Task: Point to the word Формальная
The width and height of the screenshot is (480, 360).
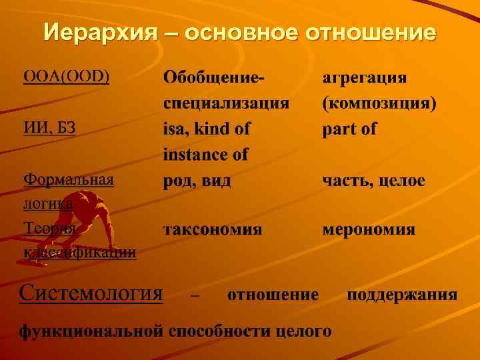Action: tap(69, 180)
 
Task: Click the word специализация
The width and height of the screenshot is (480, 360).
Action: tap(226, 103)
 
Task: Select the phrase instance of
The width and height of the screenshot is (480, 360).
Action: tap(205, 155)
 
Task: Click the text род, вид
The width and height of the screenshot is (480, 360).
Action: tap(197, 181)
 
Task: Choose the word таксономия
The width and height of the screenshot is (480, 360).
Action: tap(213, 230)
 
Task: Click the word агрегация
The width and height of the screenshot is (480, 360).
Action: tap(365, 77)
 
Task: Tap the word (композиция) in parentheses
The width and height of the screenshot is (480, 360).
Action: tap(379, 103)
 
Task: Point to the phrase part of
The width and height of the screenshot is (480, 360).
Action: tap(349, 129)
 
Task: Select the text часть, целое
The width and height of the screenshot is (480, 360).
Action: tap(373, 181)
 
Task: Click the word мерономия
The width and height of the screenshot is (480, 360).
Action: tap(369, 230)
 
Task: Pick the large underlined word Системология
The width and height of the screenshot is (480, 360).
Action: tap(91, 293)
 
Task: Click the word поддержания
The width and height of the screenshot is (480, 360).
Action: tap(401, 294)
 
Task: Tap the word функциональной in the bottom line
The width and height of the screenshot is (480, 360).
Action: tap(91, 330)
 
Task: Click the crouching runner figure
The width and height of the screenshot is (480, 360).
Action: tap(78, 213)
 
